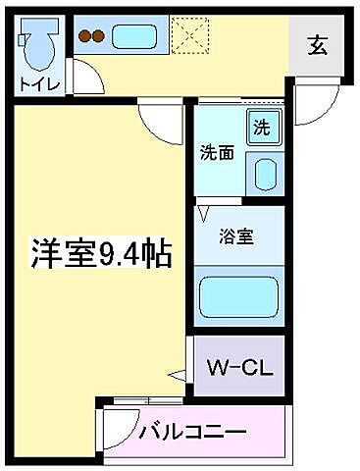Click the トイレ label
coord(38,84)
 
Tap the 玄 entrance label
coord(319,44)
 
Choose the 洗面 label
coord(216,153)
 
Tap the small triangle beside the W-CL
coord(178,375)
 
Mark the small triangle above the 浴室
coord(203,210)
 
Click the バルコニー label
coord(191,432)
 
